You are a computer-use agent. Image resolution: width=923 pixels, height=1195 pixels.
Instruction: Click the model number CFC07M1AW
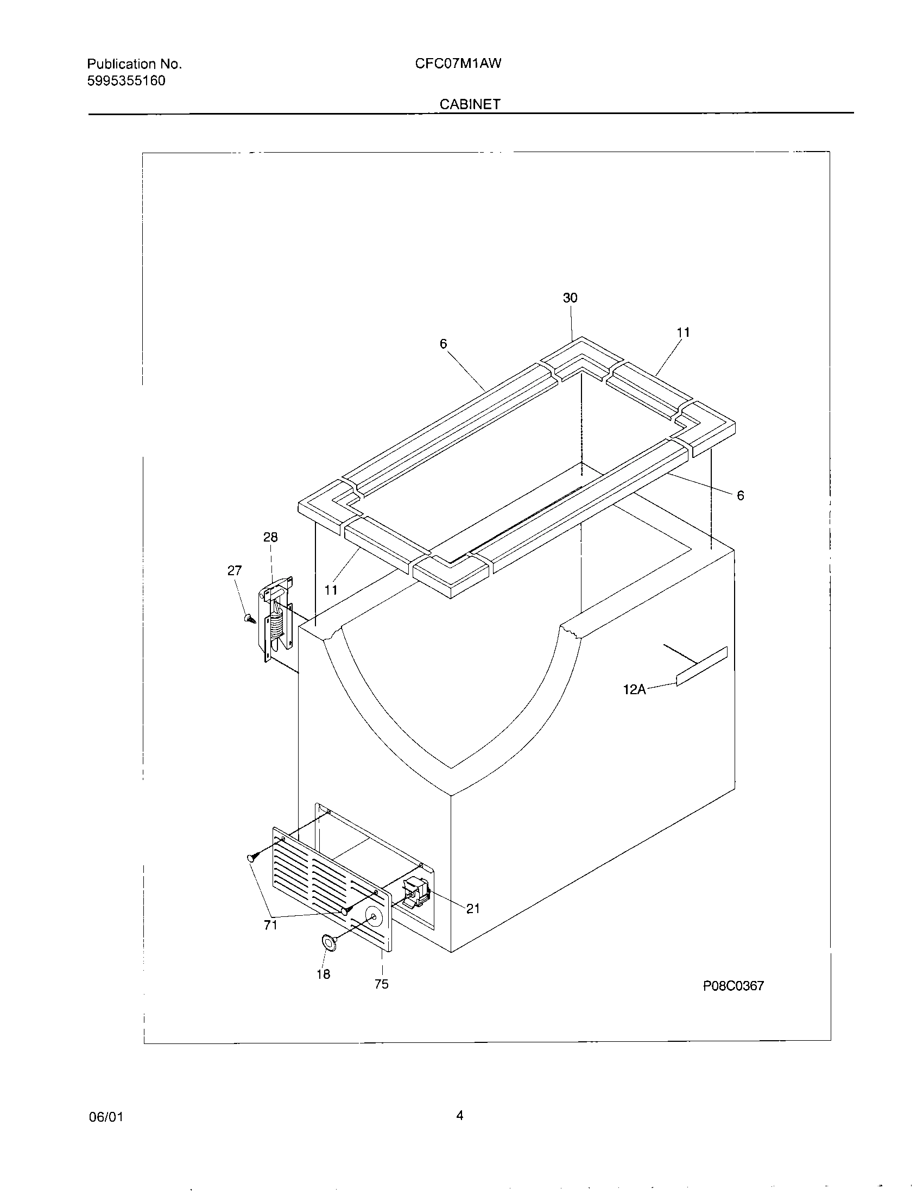pyautogui.click(x=458, y=64)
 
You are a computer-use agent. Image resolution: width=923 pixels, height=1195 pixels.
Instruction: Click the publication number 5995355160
pyautogui.click(x=126, y=81)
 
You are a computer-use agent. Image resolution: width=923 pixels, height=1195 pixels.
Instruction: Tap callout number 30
pyautogui.click(x=570, y=298)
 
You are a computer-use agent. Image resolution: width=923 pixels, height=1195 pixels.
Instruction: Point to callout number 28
pyautogui.click(x=270, y=537)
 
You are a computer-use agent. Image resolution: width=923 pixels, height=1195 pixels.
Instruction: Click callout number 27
pyautogui.click(x=234, y=571)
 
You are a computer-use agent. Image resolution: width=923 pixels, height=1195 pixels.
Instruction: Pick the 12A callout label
pyautogui.click(x=634, y=689)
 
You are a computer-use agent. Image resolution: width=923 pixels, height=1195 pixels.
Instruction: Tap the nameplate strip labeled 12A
pyautogui.click(x=702, y=665)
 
